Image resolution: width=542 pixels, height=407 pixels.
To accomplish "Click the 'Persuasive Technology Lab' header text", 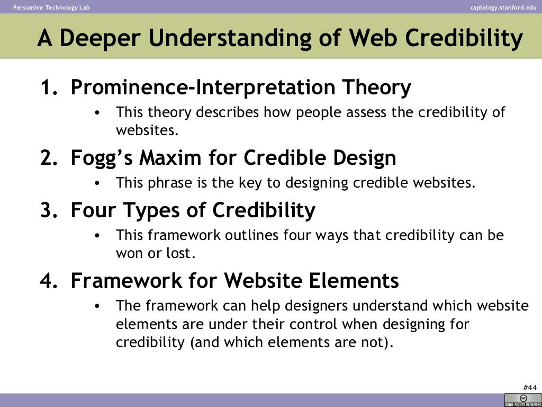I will coord(51,7).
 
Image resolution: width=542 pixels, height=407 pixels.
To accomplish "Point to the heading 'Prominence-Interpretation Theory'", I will coord(241,87).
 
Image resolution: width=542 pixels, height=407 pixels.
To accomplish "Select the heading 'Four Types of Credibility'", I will coord(193,210).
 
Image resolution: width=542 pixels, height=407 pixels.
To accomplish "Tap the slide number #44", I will coord(530,387).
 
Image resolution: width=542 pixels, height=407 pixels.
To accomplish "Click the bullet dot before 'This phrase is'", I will coord(96,183).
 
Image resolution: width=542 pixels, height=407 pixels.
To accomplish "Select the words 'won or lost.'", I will coord(156,253).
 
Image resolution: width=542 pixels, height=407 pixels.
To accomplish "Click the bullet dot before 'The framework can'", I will coord(96,306).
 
